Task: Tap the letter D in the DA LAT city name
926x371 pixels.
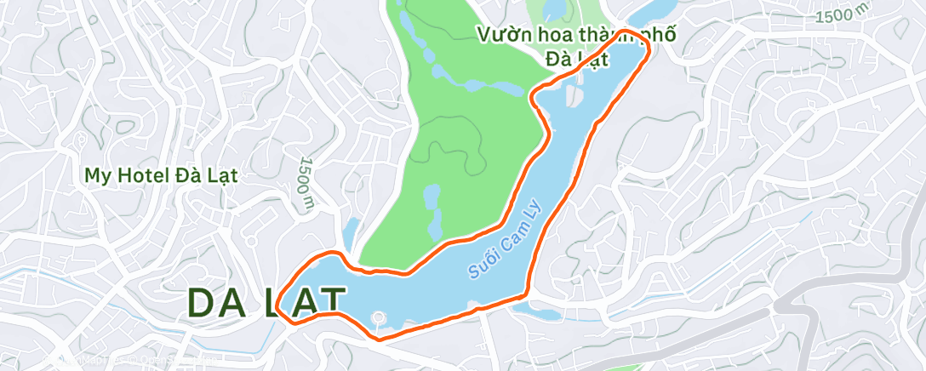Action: click(x=201, y=303)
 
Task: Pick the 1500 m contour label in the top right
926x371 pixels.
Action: click(x=843, y=14)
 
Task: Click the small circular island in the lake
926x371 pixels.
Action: click(x=378, y=319)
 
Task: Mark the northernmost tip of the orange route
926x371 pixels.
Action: click(x=628, y=31)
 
